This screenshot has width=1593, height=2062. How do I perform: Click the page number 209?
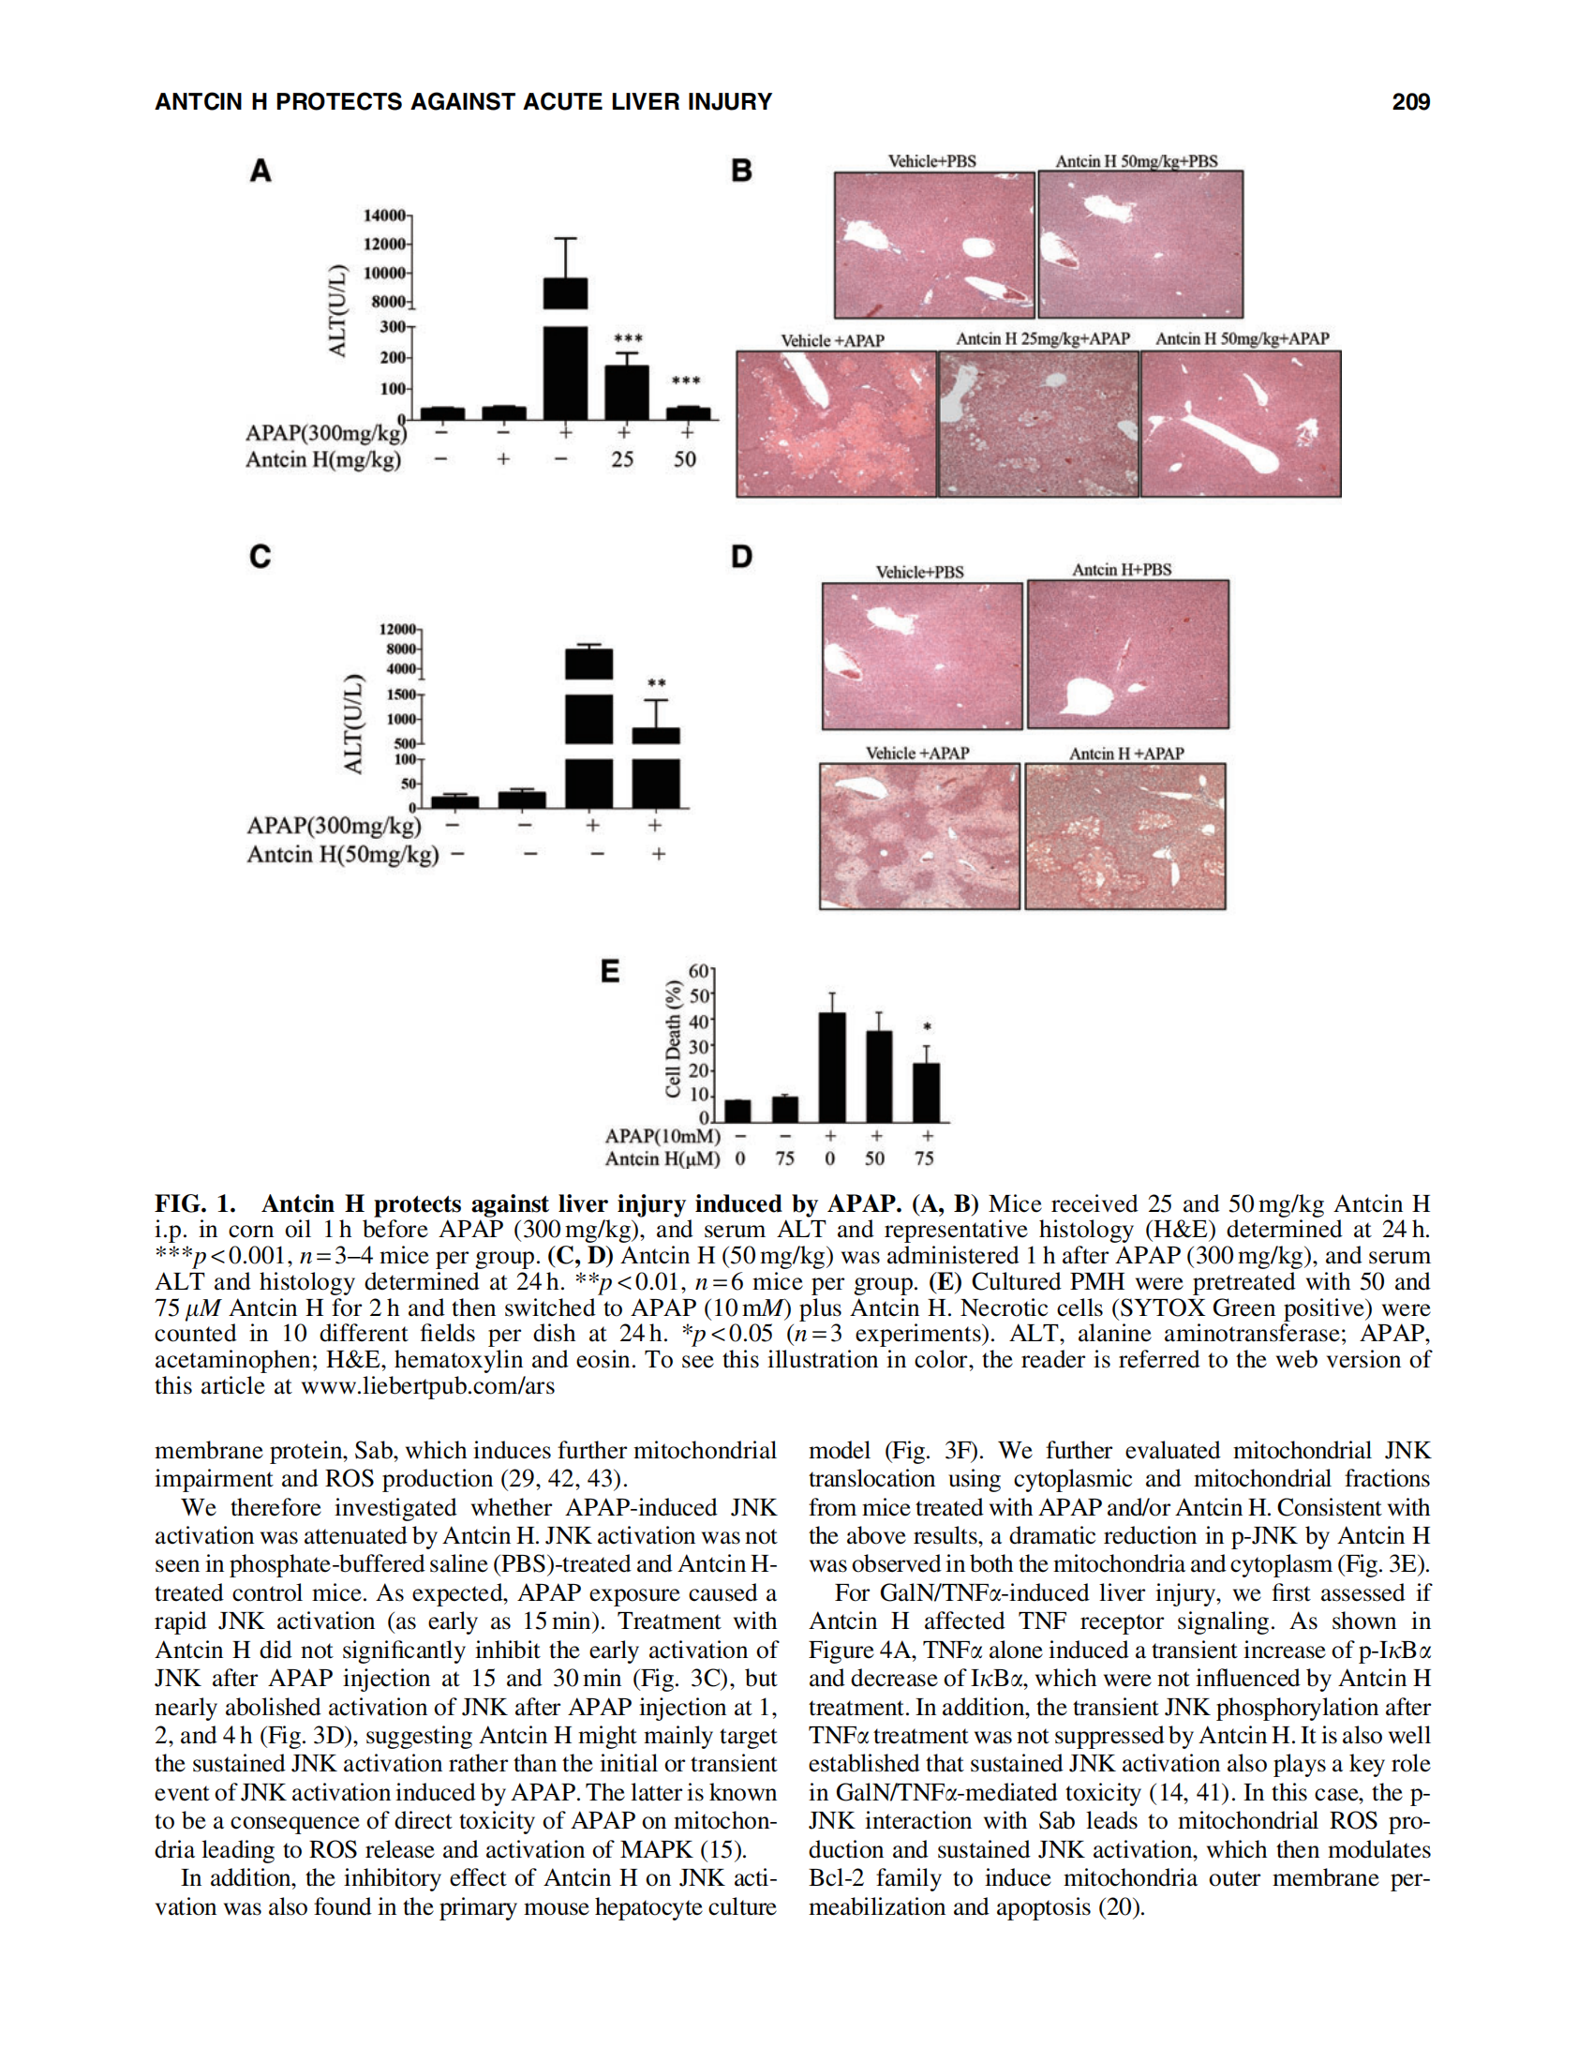(x=1410, y=102)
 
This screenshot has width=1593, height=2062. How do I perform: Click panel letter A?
(x=260, y=171)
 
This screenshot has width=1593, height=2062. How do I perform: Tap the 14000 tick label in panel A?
(x=383, y=216)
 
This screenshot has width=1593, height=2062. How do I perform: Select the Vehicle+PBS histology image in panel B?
(x=933, y=245)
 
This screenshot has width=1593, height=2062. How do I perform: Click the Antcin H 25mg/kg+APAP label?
(x=1042, y=339)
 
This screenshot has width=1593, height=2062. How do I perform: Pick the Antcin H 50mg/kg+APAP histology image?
(x=1240, y=424)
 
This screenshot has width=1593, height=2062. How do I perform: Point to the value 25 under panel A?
(x=622, y=460)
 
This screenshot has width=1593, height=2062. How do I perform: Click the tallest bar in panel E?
(x=831, y=1066)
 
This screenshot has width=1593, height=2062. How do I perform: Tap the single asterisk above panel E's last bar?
(x=927, y=1027)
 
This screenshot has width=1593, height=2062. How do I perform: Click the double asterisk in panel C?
(x=656, y=683)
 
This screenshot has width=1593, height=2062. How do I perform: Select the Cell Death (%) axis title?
(x=673, y=1038)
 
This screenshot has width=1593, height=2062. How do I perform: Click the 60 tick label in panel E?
(x=699, y=971)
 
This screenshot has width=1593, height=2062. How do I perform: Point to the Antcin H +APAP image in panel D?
(x=1124, y=836)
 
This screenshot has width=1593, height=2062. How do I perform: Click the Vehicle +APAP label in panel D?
(x=917, y=754)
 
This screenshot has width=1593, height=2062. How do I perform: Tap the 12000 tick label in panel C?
(x=397, y=629)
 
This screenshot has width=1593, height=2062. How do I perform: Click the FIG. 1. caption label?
(x=194, y=1203)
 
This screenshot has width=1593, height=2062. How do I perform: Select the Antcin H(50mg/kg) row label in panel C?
(x=343, y=855)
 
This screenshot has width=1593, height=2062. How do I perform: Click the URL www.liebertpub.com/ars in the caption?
(x=427, y=1386)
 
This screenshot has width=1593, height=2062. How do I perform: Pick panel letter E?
(x=611, y=971)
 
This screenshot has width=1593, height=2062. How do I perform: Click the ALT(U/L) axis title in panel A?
(x=337, y=310)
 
